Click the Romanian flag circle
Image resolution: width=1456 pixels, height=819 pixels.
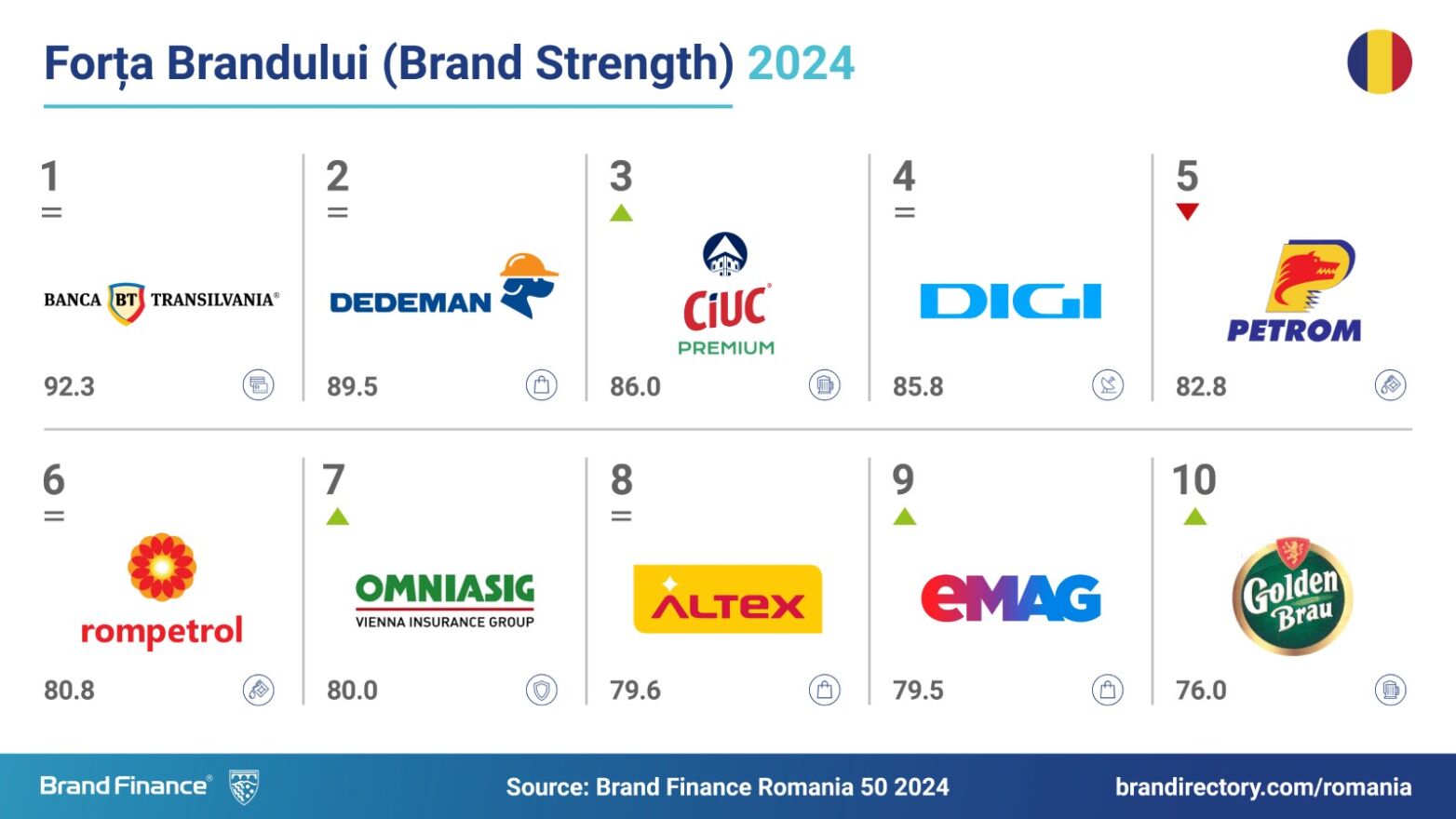tap(1380, 61)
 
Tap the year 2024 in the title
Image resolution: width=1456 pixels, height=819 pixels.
tap(801, 63)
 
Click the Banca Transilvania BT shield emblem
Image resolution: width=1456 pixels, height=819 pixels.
tap(126, 302)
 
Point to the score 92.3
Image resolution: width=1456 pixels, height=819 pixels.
tap(69, 387)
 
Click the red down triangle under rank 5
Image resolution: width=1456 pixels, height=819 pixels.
tap(1188, 212)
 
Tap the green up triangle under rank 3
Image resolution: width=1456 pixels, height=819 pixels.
tap(621, 212)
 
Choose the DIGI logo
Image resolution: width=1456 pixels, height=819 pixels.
tap(1011, 301)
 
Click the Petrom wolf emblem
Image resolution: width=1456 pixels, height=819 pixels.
tap(1310, 276)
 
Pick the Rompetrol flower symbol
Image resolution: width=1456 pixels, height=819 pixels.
tap(162, 568)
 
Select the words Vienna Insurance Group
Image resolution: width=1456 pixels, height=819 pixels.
tap(445, 622)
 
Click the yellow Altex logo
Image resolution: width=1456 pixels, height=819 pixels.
tap(728, 598)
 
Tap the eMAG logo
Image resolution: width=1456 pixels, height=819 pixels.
tap(1011, 598)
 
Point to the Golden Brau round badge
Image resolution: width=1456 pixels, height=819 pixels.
tap(1292, 596)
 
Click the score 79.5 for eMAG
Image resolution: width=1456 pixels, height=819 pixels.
tap(918, 691)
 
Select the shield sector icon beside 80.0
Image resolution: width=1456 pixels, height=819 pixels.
tap(542, 690)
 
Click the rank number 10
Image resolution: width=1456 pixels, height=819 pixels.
tap(1194, 479)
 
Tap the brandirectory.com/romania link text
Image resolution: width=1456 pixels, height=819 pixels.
tap(1263, 787)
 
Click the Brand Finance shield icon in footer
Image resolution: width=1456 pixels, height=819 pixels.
tap(245, 786)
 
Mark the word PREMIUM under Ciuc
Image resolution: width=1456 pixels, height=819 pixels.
tap(726, 348)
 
